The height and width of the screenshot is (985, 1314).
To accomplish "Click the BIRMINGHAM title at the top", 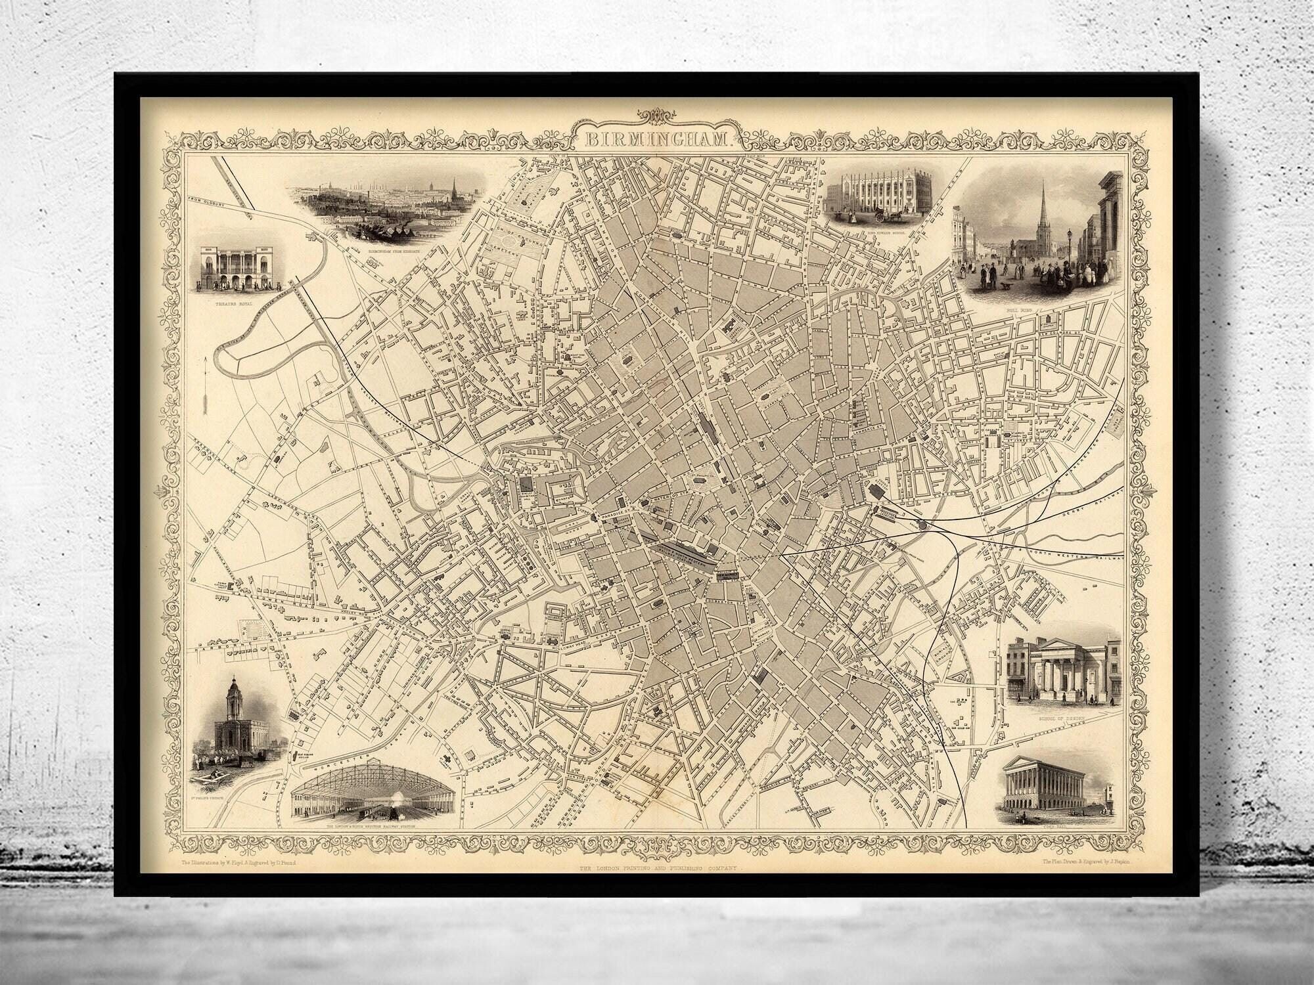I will [657, 140].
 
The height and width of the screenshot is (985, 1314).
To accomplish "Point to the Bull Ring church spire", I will [1043, 217].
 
